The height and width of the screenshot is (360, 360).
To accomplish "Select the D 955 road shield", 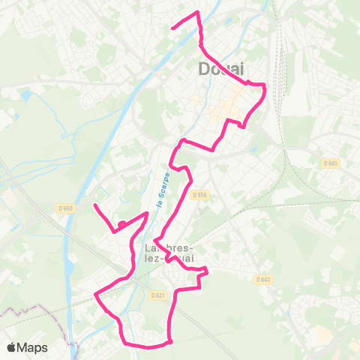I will (x=198, y=194).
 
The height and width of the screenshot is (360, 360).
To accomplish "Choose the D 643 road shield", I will (x=262, y=279).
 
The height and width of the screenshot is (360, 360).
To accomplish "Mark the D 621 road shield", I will (x=157, y=295).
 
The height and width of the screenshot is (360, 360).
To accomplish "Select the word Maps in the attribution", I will (x=34, y=347).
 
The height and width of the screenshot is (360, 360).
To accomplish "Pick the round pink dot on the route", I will (x=121, y=224).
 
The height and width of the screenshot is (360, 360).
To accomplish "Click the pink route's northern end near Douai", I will (x=172, y=28).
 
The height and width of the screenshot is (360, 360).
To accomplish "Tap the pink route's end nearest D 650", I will (x=94, y=205).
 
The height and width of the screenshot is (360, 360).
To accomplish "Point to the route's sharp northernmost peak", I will (x=197, y=13).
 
